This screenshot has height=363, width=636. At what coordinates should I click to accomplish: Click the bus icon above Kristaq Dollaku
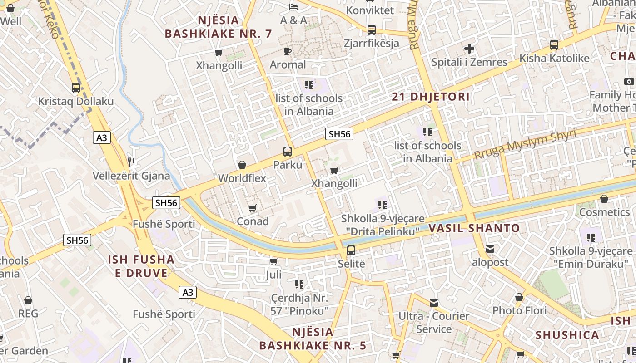click(x=76, y=88)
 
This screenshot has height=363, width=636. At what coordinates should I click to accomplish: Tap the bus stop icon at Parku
click(x=288, y=152)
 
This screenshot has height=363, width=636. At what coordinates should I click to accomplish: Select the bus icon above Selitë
click(x=351, y=250)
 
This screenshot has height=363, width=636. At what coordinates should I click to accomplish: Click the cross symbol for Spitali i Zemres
click(x=469, y=49)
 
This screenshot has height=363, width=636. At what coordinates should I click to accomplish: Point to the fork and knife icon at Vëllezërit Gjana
click(x=131, y=162)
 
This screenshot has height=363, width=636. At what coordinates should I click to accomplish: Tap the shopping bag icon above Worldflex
click(x=242, y=165)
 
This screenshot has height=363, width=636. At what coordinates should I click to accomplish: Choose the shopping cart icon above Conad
click(x=253, y=208)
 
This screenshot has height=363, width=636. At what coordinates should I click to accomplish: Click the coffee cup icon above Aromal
click(x=288, y=51)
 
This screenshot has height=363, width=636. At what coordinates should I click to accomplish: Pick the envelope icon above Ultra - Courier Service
click(x=434, y=303)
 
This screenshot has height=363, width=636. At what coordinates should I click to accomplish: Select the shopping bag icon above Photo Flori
click(x=519, y=298)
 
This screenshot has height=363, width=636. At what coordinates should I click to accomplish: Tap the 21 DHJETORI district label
click(x=431, y=97)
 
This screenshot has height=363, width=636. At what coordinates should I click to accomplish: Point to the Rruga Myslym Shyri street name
click(x=525, y=144)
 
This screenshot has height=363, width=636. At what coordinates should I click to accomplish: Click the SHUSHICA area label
click(x=567, y=335)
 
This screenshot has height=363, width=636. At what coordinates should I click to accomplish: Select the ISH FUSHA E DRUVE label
click(x=141, y=266)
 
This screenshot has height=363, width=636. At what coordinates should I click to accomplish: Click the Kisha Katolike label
click(x=555, y=59)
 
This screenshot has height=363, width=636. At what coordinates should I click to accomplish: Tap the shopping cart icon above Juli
click(x=273, y=261)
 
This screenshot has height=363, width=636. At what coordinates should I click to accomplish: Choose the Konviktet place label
click(x=370, y=10)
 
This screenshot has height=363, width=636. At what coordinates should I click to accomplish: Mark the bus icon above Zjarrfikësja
click(x=372, y=30)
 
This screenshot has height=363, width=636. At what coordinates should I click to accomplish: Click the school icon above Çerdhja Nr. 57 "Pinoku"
click(x=299, y=285)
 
